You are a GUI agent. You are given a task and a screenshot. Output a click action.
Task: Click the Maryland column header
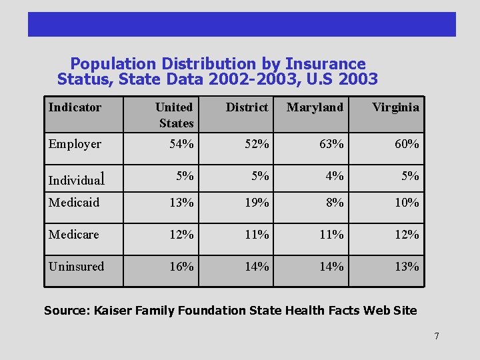(x=315, y=107)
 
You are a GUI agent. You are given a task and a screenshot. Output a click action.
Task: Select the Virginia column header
(x=395, y=107)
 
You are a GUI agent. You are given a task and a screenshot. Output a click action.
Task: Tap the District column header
(x=247, y=107)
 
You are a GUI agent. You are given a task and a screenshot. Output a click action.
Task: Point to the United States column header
(x=175, y=115)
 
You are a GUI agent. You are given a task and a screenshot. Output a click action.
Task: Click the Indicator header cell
(x=75, y=107)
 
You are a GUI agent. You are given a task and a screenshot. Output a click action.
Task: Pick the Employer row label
(x=75, y=144)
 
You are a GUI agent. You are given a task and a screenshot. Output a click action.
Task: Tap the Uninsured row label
(x=76, y=267)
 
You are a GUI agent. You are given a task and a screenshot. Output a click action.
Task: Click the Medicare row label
(x=73, y=235)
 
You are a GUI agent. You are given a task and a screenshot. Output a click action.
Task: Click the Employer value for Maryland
(x=331, y=144)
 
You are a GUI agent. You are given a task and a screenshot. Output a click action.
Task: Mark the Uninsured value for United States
(x=181, y=267)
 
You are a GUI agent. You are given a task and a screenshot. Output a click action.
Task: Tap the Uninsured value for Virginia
(x=407, y=267)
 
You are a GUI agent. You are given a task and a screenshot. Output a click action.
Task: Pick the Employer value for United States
(x=181, y=144)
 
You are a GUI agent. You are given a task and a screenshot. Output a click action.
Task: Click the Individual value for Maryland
(x=335, y=176)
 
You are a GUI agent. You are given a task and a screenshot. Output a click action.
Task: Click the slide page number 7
(x=437, y=336)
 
